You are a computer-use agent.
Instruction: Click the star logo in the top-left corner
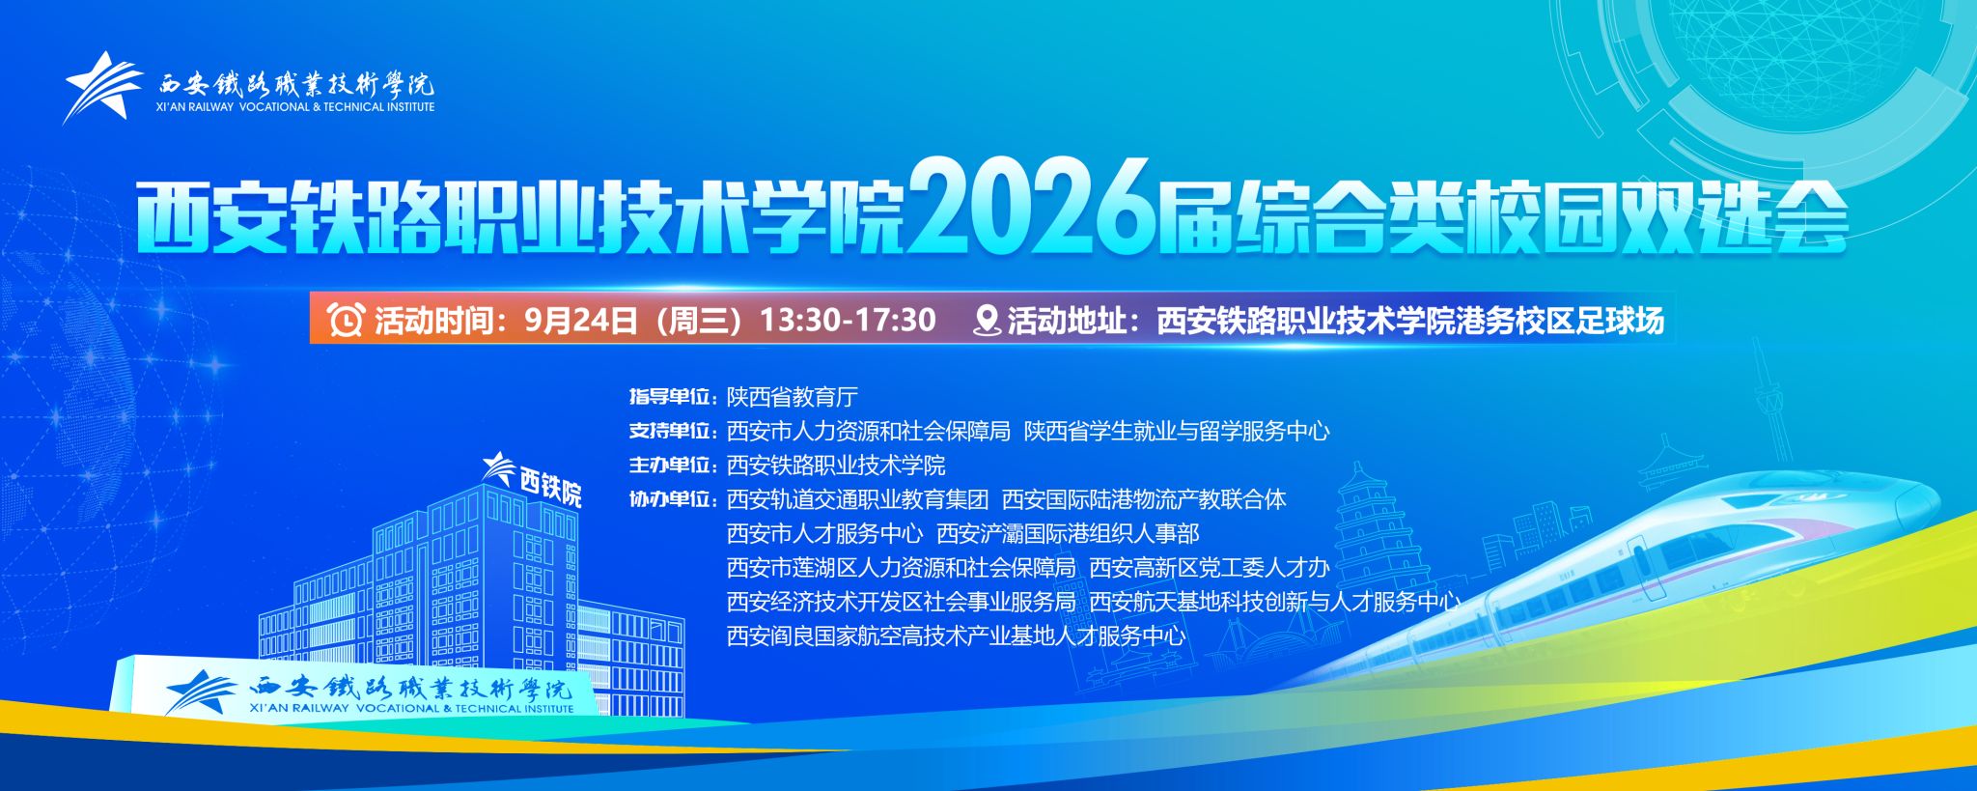102,87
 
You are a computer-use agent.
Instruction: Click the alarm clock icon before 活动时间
346,320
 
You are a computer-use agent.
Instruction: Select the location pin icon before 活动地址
987,320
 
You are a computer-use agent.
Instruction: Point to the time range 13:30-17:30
849,320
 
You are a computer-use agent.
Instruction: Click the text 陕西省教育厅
793,397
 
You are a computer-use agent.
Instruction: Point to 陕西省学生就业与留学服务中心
1177,431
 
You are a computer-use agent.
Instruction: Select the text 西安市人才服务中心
825,533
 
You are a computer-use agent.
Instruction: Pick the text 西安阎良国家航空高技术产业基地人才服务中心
957,636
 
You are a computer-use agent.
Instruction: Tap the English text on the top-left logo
295,107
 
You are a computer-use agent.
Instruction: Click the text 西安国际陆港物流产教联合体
1145,499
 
